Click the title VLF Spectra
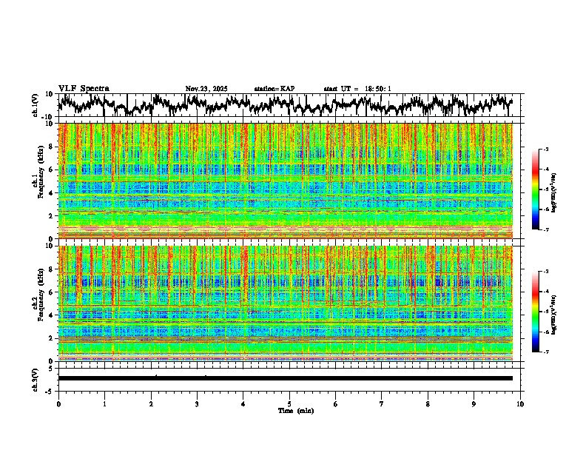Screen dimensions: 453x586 tap(84, 89)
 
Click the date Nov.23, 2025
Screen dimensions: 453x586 tap(206, 89)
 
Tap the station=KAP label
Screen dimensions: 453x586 tap(275, 89)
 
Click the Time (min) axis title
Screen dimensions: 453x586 tap(289, 410)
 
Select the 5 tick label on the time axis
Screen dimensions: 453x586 tap(289, 403)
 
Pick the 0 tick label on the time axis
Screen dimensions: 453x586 tap(58, 403)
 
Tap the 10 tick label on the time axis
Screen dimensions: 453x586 tap(520, 403)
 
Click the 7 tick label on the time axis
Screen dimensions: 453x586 tap(382, 403)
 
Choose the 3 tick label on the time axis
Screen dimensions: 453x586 tap(197, 403)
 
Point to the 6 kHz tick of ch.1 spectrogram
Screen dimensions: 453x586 tap(53, 170)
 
